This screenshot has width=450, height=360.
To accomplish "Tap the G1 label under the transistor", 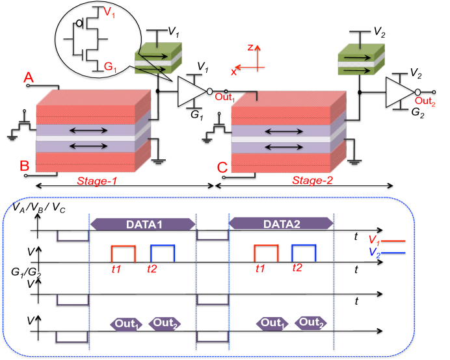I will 110,66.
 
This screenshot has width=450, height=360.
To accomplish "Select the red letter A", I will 28,79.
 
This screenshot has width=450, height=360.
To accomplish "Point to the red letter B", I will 24,166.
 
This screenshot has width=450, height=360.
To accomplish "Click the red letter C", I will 222,168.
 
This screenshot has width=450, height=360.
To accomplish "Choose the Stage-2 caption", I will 312,181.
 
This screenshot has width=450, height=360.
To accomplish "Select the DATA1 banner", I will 142,224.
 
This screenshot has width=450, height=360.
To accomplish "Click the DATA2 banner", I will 281,224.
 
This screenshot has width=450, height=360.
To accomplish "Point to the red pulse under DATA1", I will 123,253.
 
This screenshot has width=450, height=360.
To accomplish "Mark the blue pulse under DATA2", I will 303,253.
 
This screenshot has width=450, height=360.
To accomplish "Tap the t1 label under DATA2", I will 260,268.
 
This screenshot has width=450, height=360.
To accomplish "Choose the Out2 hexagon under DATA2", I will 311,323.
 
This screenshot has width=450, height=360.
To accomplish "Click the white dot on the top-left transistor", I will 79,23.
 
